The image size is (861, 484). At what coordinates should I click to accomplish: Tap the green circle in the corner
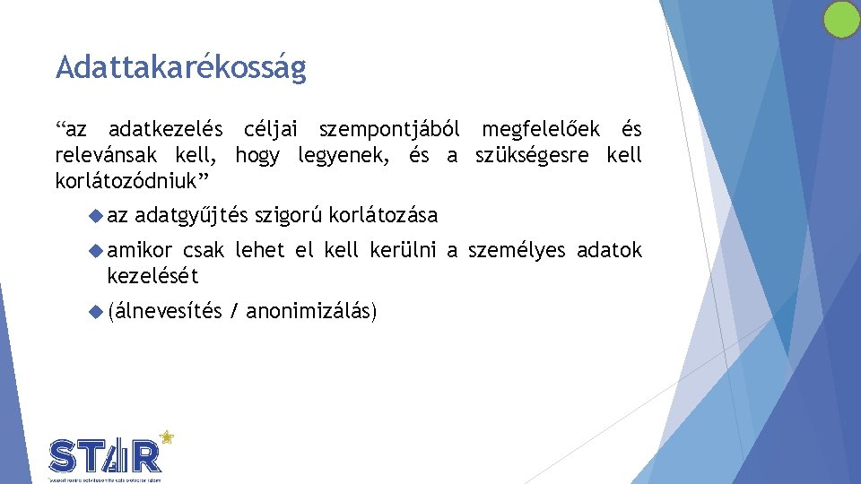pos(841,20)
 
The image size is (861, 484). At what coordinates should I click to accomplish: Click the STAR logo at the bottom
pos(107,456)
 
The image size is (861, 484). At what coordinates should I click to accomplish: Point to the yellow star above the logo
pos(166,437)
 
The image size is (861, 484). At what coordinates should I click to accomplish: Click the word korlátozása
pos(383,216)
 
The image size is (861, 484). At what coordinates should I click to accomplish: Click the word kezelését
pos(152,276)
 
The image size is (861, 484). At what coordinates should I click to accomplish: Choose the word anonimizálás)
pos(311,312)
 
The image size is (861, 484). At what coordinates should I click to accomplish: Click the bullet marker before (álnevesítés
pos(97,311)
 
